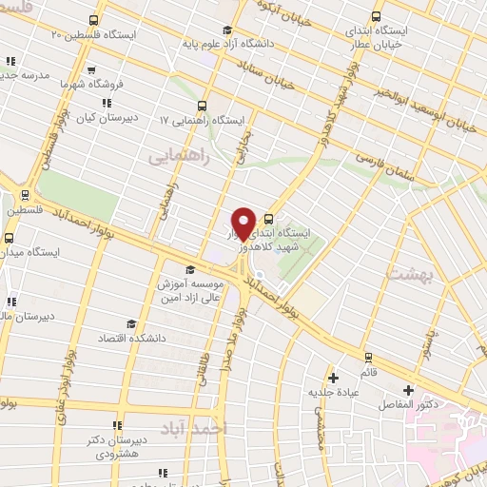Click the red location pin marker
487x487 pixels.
pyautogui.click(x=243, y=224)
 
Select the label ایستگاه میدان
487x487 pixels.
pyautogui.click(x=30, y=253)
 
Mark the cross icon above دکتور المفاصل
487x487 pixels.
pyautogui.click(x=409, y=390)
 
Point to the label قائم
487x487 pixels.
pyautogui.click(x=368, y=372)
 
